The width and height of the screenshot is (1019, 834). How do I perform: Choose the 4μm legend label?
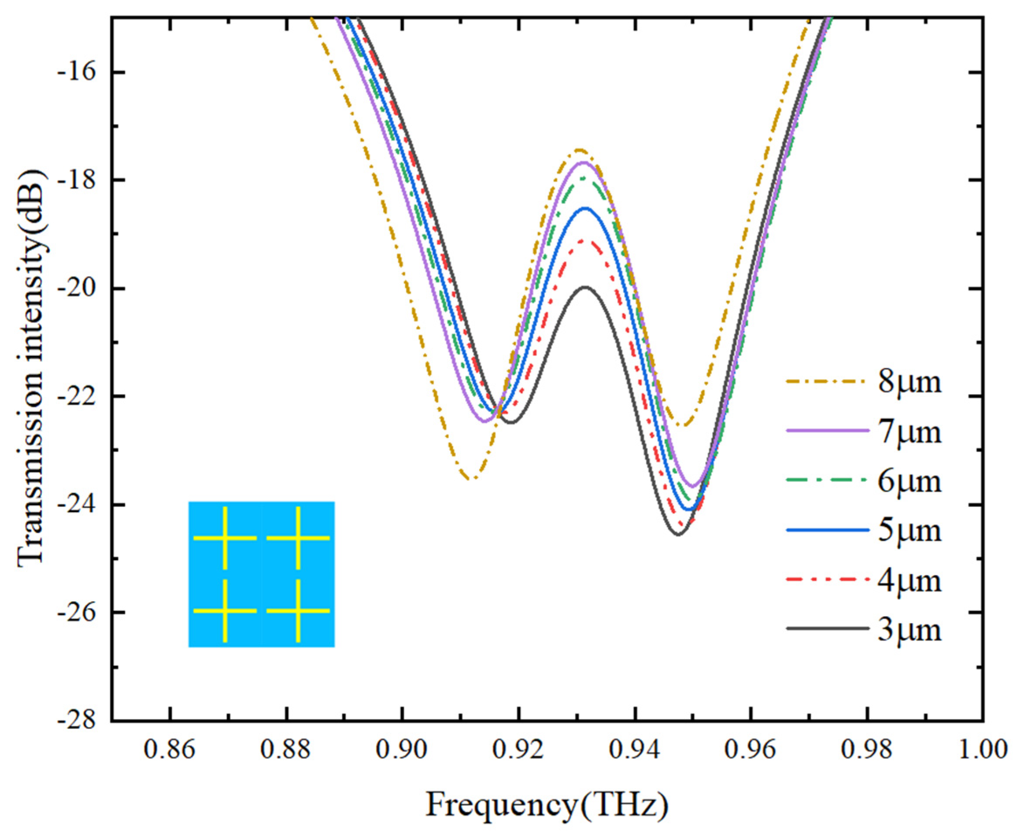click(x=909, y=580)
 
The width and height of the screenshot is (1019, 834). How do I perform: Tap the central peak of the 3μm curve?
click(x=585, y=287)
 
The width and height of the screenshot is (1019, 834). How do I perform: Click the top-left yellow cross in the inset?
click(x=225, y=538)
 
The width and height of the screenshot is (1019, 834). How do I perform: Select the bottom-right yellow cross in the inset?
click(x=298, y=611)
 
